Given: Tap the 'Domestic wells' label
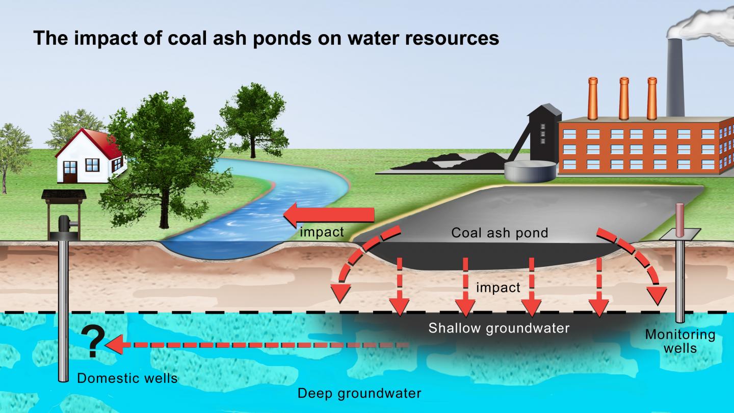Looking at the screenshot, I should coord(127,378).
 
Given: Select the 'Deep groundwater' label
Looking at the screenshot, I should coord(359,393).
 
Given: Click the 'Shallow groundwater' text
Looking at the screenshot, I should coord(499,327).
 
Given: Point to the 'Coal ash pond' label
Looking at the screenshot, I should coord(500,233).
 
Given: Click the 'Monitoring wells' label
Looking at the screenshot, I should coord(680,341).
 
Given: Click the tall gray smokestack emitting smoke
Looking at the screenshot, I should coord(675,76).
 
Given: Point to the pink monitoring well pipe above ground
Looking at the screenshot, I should coord(679,219).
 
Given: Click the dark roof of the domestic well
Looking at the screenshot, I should coord(64,195).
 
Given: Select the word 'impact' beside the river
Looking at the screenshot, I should coord(322,233).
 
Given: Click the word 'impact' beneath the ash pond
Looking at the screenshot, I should coord(498,288).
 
